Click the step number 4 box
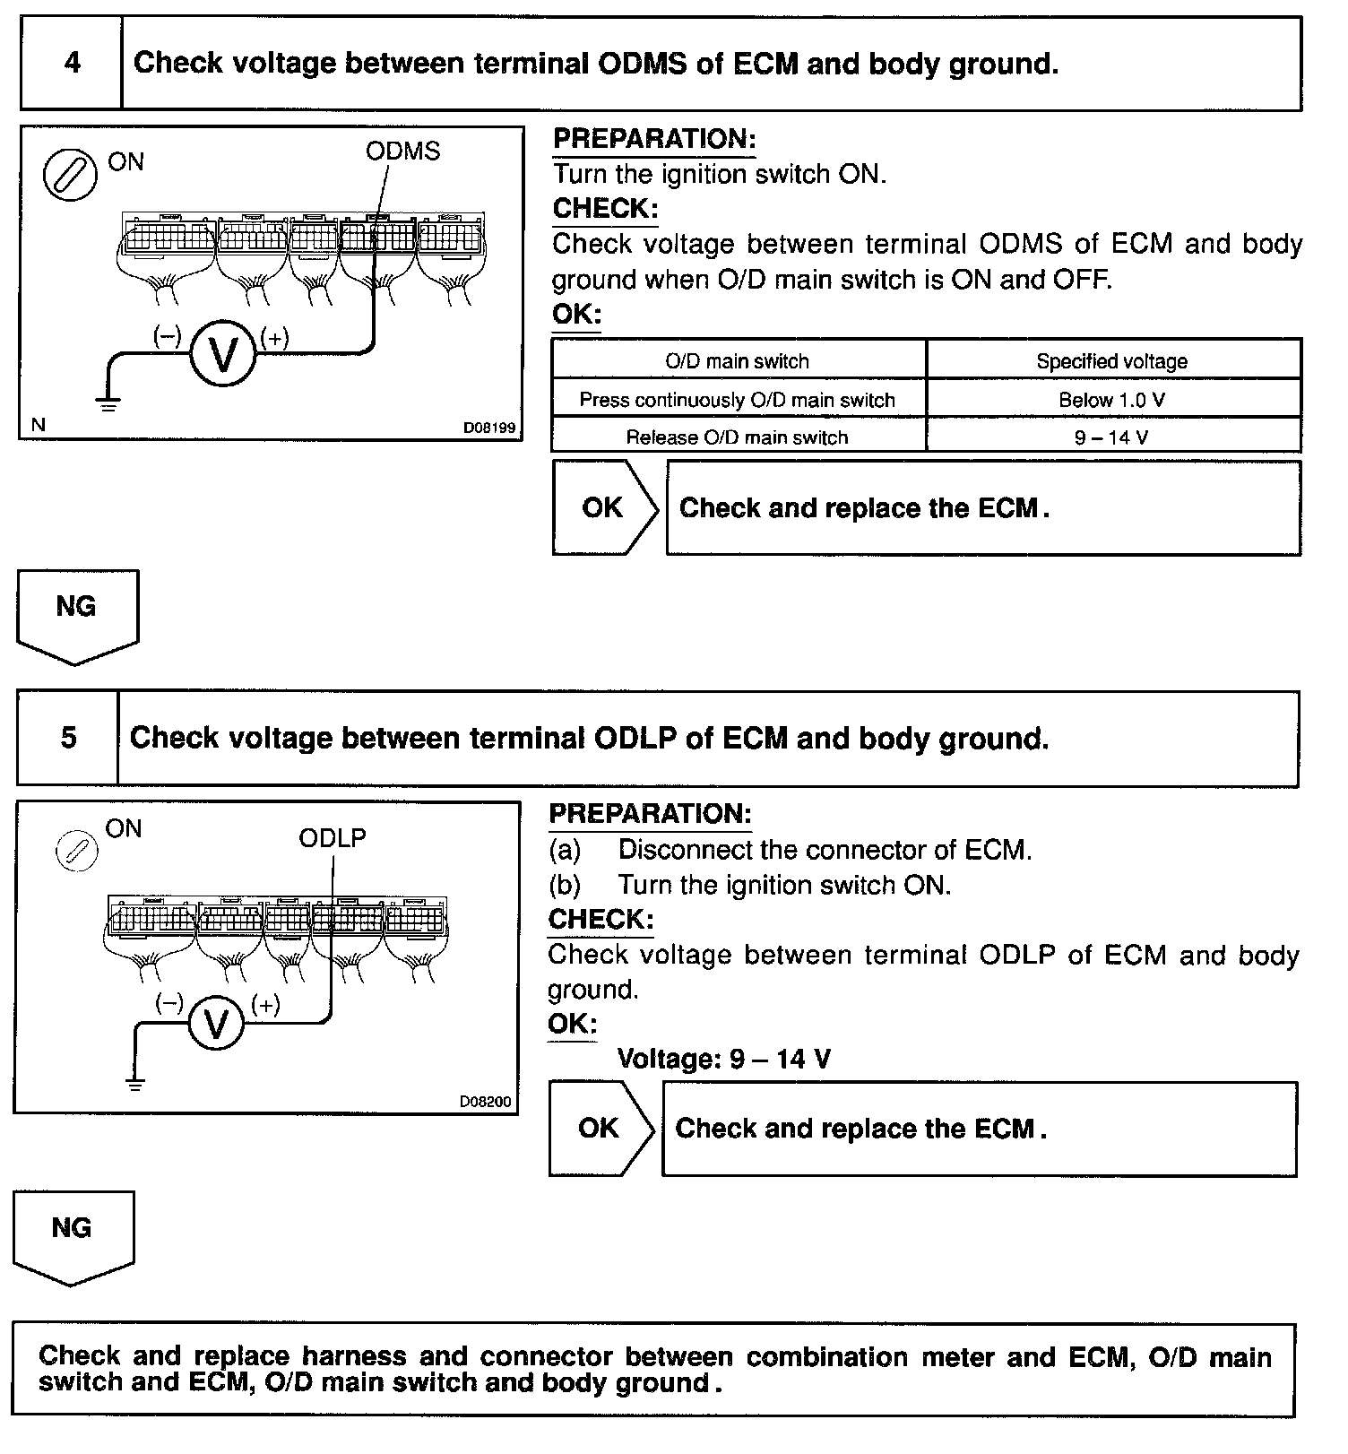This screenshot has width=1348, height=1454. pyautogui.click(x=72, y=64)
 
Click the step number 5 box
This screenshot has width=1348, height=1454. pyautogui.click(x=68, y=739)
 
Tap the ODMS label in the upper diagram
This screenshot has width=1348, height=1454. pyautogui.click(x=402, y=151)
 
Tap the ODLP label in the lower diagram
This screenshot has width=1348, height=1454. pyautogui.click(x=333, y=838)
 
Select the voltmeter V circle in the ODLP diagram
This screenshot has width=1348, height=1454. pyautogui.click(x=215, y=1023)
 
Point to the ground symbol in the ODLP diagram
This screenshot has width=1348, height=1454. pyautogui.click(x=135, y=1086)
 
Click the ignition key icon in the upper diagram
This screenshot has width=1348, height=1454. pyautogui.click(x=70, y=174)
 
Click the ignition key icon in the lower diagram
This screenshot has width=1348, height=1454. pyautogui.click(x=76, y=851)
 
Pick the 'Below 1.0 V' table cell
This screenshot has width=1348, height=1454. pyautogui.click(x=1112, y=400)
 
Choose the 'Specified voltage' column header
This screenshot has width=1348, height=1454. pyautogui.click(x=1112, y=361)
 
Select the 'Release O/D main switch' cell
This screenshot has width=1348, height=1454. pyautogui.click(x=738, y=437)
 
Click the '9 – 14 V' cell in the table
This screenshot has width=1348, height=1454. pyautogui.click(x=1112, y=437)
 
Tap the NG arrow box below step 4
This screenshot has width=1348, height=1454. pyautogui.click(x=76, y=614)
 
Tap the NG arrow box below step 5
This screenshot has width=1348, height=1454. pyautogui.click(x=73, y=1234)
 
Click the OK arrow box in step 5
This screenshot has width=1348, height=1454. pyautogui.click(x=600, y=1129)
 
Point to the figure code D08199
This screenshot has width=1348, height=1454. pyautogui.click(x=489, y=428)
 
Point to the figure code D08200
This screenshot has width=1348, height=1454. pyautogui.click(x=486, y=1102)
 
